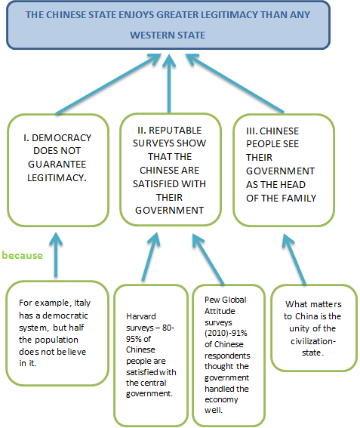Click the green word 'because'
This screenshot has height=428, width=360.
[x=23, y=255]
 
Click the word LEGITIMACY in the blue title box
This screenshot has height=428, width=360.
[x=229, y=14]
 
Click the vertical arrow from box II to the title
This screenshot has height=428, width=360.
[x=169, y=83]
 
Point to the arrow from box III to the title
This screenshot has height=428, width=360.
[x=235, y=83]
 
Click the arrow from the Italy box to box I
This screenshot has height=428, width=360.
[x=56, y=254]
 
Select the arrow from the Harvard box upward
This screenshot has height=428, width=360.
[x=151, y=257]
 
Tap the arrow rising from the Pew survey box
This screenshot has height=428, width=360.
[x=208, y=259]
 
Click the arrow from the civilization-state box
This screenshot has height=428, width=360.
[x=294, y=259]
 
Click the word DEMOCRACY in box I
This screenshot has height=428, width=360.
[x=62, y=138]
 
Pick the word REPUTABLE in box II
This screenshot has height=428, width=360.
[x=175, y=130]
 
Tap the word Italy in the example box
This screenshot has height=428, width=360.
[x=82, y=303]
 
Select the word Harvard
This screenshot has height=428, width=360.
[x=141, y=316]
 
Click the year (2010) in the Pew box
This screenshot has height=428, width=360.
[x=216, y=334]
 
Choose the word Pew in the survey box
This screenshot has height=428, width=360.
[x=211, y=300]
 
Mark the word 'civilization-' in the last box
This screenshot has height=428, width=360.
[x=313, y=341]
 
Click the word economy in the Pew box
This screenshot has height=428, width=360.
[x=221, y=400]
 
